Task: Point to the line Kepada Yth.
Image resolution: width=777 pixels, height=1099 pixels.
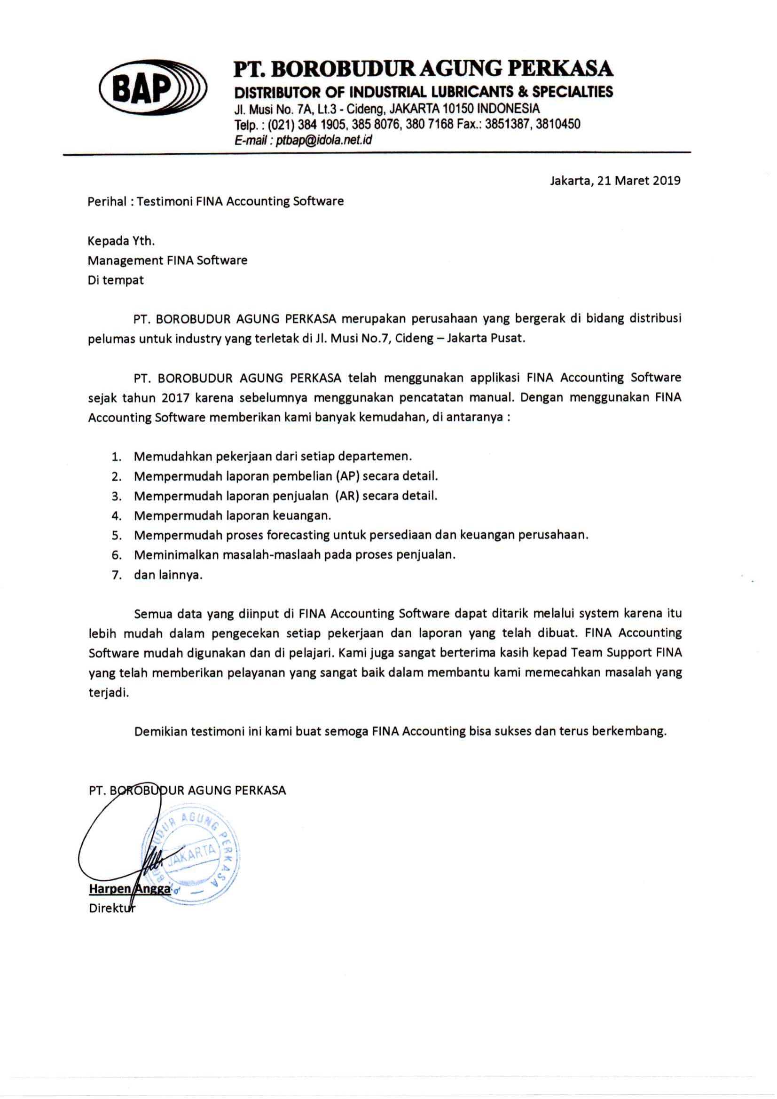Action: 121,241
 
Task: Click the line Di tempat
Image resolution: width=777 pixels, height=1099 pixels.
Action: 116,280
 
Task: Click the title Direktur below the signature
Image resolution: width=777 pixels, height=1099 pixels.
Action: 112,908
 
